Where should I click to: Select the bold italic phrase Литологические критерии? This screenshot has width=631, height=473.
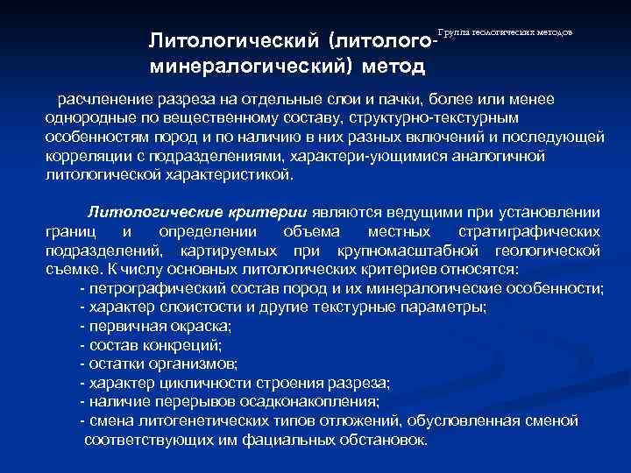(x=196, y=212)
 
